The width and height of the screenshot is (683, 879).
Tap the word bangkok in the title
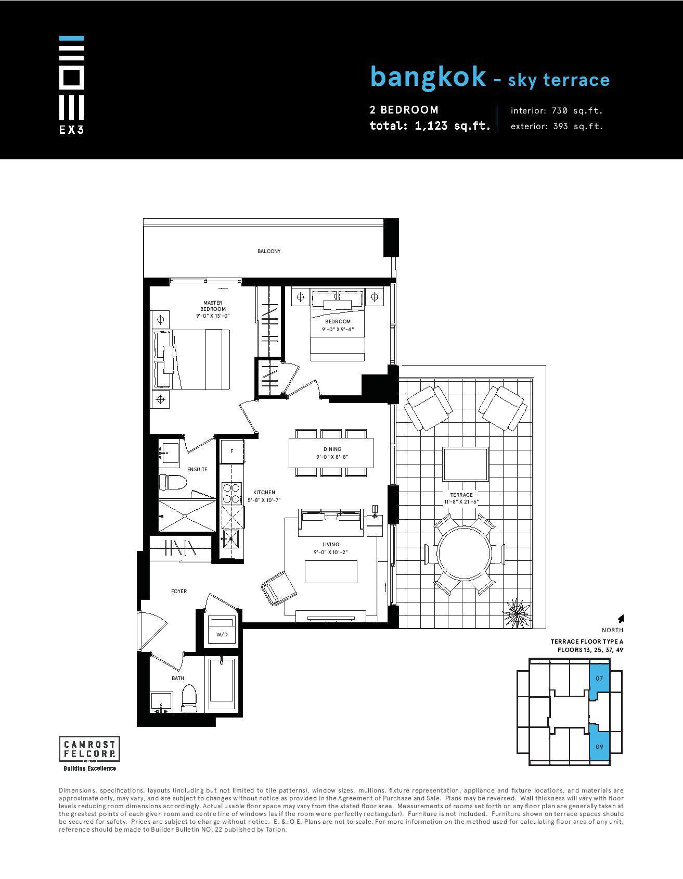pos(428,77)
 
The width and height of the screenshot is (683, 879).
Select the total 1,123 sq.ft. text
pos(430,125)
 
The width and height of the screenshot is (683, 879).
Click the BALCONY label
pos(269,252)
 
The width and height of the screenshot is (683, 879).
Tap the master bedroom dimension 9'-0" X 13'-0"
pos(213,316)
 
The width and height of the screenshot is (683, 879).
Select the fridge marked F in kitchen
pos(232,451)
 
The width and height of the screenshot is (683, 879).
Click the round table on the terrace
pos(464,554)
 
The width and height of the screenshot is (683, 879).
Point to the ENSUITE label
pos(197,470)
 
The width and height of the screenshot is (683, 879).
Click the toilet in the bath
pos(189,698)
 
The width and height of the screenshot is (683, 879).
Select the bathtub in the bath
pos(222,685)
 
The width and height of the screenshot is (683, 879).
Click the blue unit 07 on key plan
pos(599,678)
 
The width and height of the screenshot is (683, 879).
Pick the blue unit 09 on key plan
pos(599,745)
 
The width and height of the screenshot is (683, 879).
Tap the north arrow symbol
pos(620,619)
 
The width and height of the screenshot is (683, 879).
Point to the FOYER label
pos(179,592)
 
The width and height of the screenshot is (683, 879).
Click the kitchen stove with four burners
pos(231,493)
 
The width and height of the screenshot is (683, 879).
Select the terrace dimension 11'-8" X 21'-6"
pos(461,502)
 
